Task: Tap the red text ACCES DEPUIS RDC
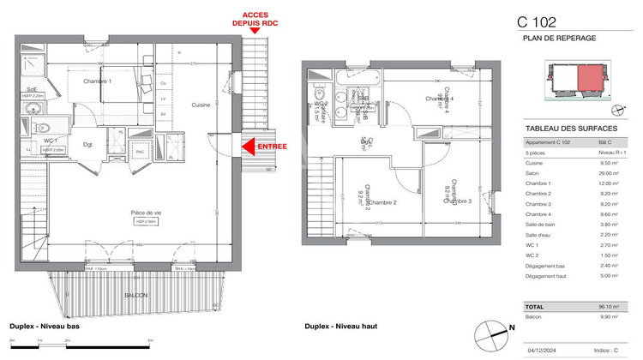pyautogui.click(x=255, y=19)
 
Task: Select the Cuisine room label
pyautogui.click(x=201, y=105)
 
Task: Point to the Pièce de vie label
pyautogui.click(x=147, y=212)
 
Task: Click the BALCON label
pyautogui.click(x=135, y=295)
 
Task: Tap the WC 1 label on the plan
pyautogui.click(x=51, y=140)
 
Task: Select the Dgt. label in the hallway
pyautogui.click(x=87, y=145)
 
